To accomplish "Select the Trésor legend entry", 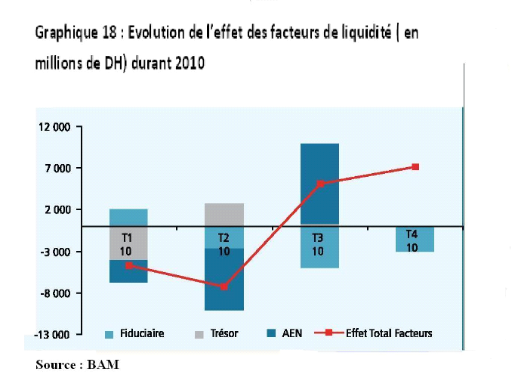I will (221, 333).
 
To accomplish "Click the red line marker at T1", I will (129, 265).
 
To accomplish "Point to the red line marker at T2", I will (224, 286).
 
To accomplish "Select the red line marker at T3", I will (320, 184).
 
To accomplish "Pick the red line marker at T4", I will (415, 167).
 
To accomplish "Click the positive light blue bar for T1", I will (128, 217).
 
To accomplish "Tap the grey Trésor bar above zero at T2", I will (224, 214).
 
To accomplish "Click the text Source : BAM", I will (77, 365).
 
